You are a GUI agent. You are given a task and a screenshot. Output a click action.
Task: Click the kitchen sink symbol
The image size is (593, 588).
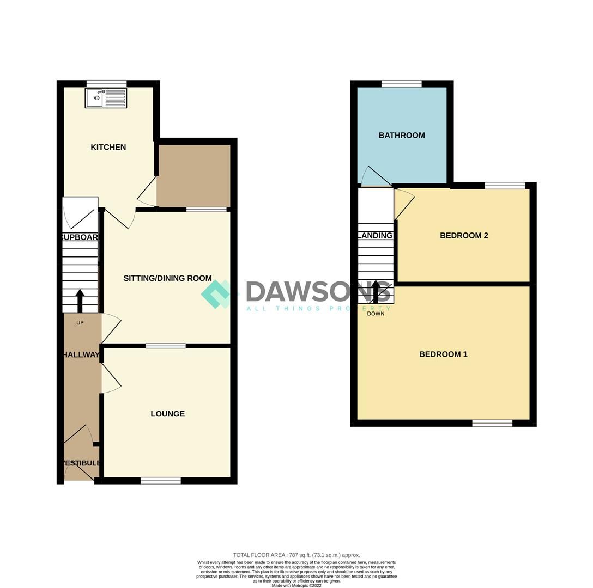[x=106, y=99]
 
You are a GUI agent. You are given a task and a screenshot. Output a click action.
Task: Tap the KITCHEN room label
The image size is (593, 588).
[x=108, y=147]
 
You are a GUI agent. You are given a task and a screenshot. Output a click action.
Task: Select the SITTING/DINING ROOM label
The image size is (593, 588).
[x=167, y=278]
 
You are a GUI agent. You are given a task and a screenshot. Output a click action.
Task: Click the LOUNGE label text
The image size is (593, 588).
[x=167, y=414]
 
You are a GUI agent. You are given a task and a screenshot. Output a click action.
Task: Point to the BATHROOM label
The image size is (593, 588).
[x=402, y=135]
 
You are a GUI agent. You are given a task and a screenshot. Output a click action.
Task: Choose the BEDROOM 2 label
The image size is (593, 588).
[x=464, y=235]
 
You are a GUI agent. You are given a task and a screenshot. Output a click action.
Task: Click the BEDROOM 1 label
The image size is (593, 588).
[x=443, y=354]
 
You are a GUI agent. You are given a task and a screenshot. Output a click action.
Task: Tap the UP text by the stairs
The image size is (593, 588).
[x=80, y=323]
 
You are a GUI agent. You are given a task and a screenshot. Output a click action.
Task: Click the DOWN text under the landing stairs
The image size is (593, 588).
[x=376, y=314]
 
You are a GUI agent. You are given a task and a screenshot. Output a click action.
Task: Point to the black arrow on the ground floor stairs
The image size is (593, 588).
[x=80, y=300]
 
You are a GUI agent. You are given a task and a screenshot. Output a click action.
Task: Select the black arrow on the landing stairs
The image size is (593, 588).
[x=376, y=291]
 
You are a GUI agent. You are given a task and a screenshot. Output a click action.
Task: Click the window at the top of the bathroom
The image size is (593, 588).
[x=402, y=84]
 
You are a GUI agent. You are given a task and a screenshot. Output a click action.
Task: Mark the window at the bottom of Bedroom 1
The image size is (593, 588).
[x=492, y=423]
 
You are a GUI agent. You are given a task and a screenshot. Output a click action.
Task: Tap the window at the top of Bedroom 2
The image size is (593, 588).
[x=505, y=186]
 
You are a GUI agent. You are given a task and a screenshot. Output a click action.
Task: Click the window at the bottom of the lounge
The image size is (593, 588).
[x=161, y=480]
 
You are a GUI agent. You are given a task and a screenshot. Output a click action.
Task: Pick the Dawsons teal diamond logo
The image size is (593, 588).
[x=216, y=294]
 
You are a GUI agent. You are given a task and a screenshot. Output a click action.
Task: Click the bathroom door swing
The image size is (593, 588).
[x=373, y=176]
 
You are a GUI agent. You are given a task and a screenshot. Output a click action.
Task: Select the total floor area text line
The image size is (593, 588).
[x=296, y=555]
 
